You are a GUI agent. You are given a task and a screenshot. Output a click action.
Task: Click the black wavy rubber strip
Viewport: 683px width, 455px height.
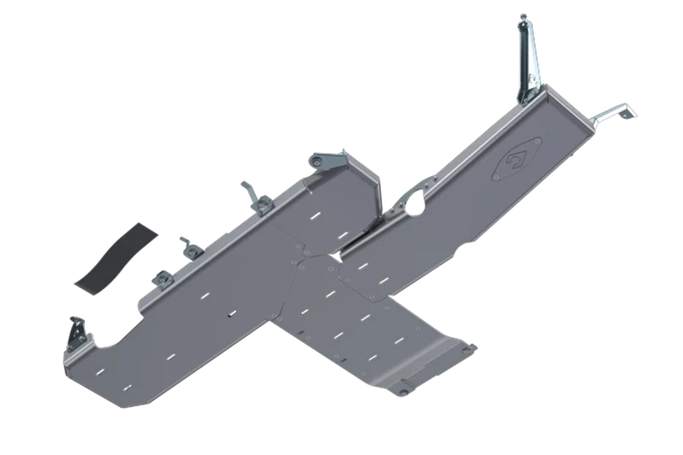[x=115, y=255]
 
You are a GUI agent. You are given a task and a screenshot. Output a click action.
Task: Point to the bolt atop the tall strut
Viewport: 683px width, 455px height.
[x=523, y=17]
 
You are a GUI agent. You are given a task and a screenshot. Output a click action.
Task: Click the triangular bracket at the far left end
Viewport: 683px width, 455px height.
[x=77, y=333]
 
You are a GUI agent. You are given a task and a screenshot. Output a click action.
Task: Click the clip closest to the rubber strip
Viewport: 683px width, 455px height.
[x=163, y=278]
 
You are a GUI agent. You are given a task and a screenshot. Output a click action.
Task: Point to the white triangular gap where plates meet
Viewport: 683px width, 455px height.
[x=334, y=259]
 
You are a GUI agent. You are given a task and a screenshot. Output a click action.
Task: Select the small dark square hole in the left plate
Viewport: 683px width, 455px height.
[x=231, y=312]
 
